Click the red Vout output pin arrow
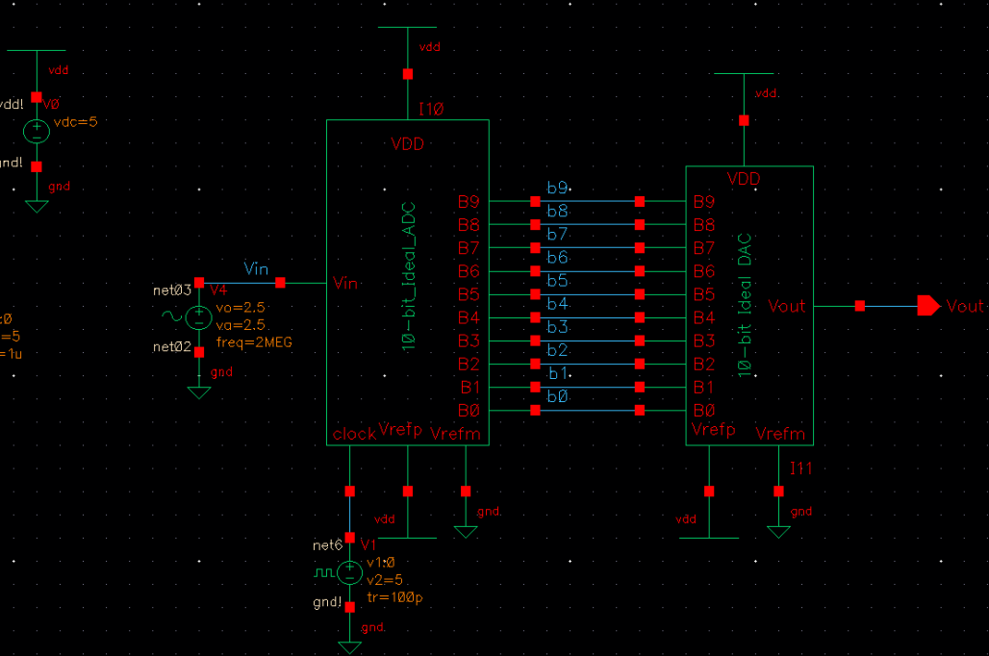(927, 306)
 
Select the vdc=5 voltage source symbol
(37, 131)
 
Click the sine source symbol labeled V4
(199, 316)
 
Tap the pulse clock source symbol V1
(349, 573)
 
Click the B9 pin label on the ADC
(469, 202)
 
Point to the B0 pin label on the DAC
(703, 411)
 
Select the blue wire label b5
(558, 281)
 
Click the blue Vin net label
(256, 269)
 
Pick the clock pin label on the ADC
(354, 434)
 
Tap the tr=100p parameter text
(394, 597)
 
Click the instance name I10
(431, 111)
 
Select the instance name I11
(801, 468)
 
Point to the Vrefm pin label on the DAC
(780, 434)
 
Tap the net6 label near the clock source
(328, 545)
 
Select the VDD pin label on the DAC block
(744, 179)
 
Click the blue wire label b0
(558, 396)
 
